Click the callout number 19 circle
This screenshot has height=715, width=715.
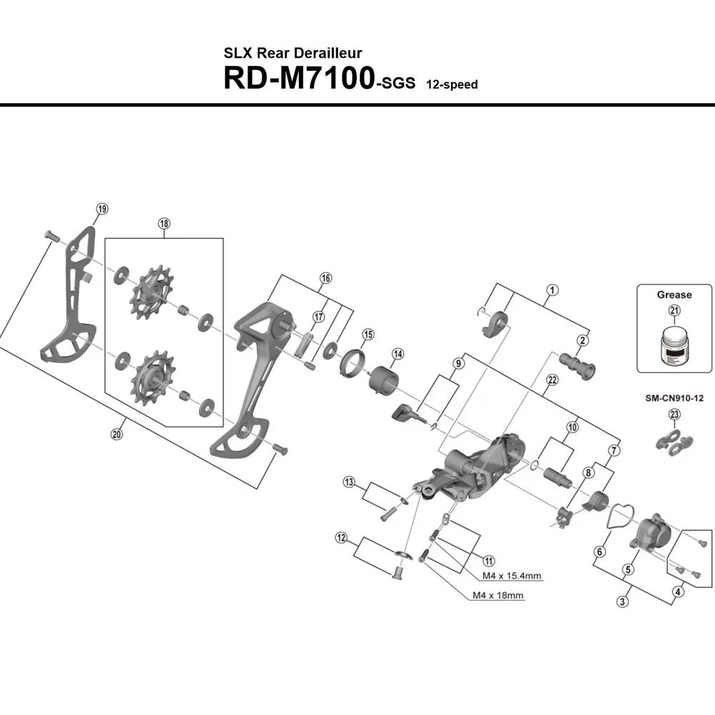click(x=102, y=209)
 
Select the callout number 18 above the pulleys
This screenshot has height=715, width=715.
click(x=164, y=223)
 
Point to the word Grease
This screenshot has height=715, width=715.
click(x=675, y=295)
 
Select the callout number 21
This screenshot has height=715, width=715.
click(x=675, y=310)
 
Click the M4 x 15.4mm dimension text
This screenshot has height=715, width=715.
click(x=512, y=575)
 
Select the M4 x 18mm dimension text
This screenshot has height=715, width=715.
click(x=498, y=595)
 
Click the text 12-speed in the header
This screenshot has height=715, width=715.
click(x=452, y=84)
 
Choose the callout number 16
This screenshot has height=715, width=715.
click(x=326, y=278)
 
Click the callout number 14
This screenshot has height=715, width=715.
click(x=398, y=354)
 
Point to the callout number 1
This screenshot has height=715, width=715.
click(x=553, y=290)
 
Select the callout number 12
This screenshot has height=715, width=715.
click(x=341, y=537)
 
